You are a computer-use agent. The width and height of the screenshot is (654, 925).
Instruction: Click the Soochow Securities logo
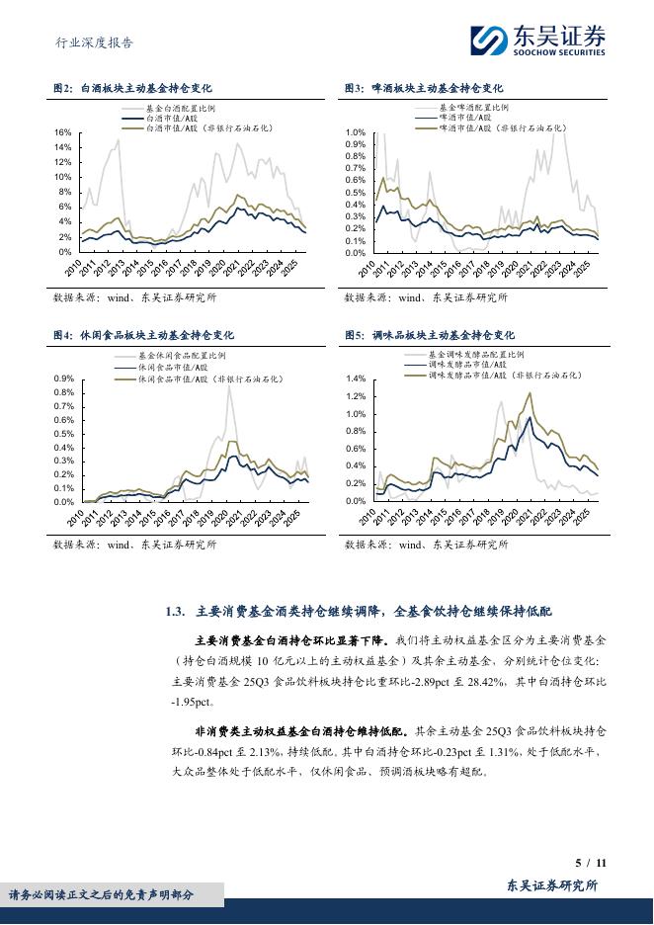538,41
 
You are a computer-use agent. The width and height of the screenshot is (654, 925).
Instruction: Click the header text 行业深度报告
92,42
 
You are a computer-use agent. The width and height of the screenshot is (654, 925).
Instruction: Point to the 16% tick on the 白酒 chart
62,132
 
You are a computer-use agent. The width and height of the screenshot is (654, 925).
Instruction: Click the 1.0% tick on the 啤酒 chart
354,132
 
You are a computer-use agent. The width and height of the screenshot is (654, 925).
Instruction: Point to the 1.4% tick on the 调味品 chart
356,378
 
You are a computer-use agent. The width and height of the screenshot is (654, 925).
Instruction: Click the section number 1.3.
177,613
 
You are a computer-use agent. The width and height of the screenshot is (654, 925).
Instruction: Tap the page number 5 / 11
589,863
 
